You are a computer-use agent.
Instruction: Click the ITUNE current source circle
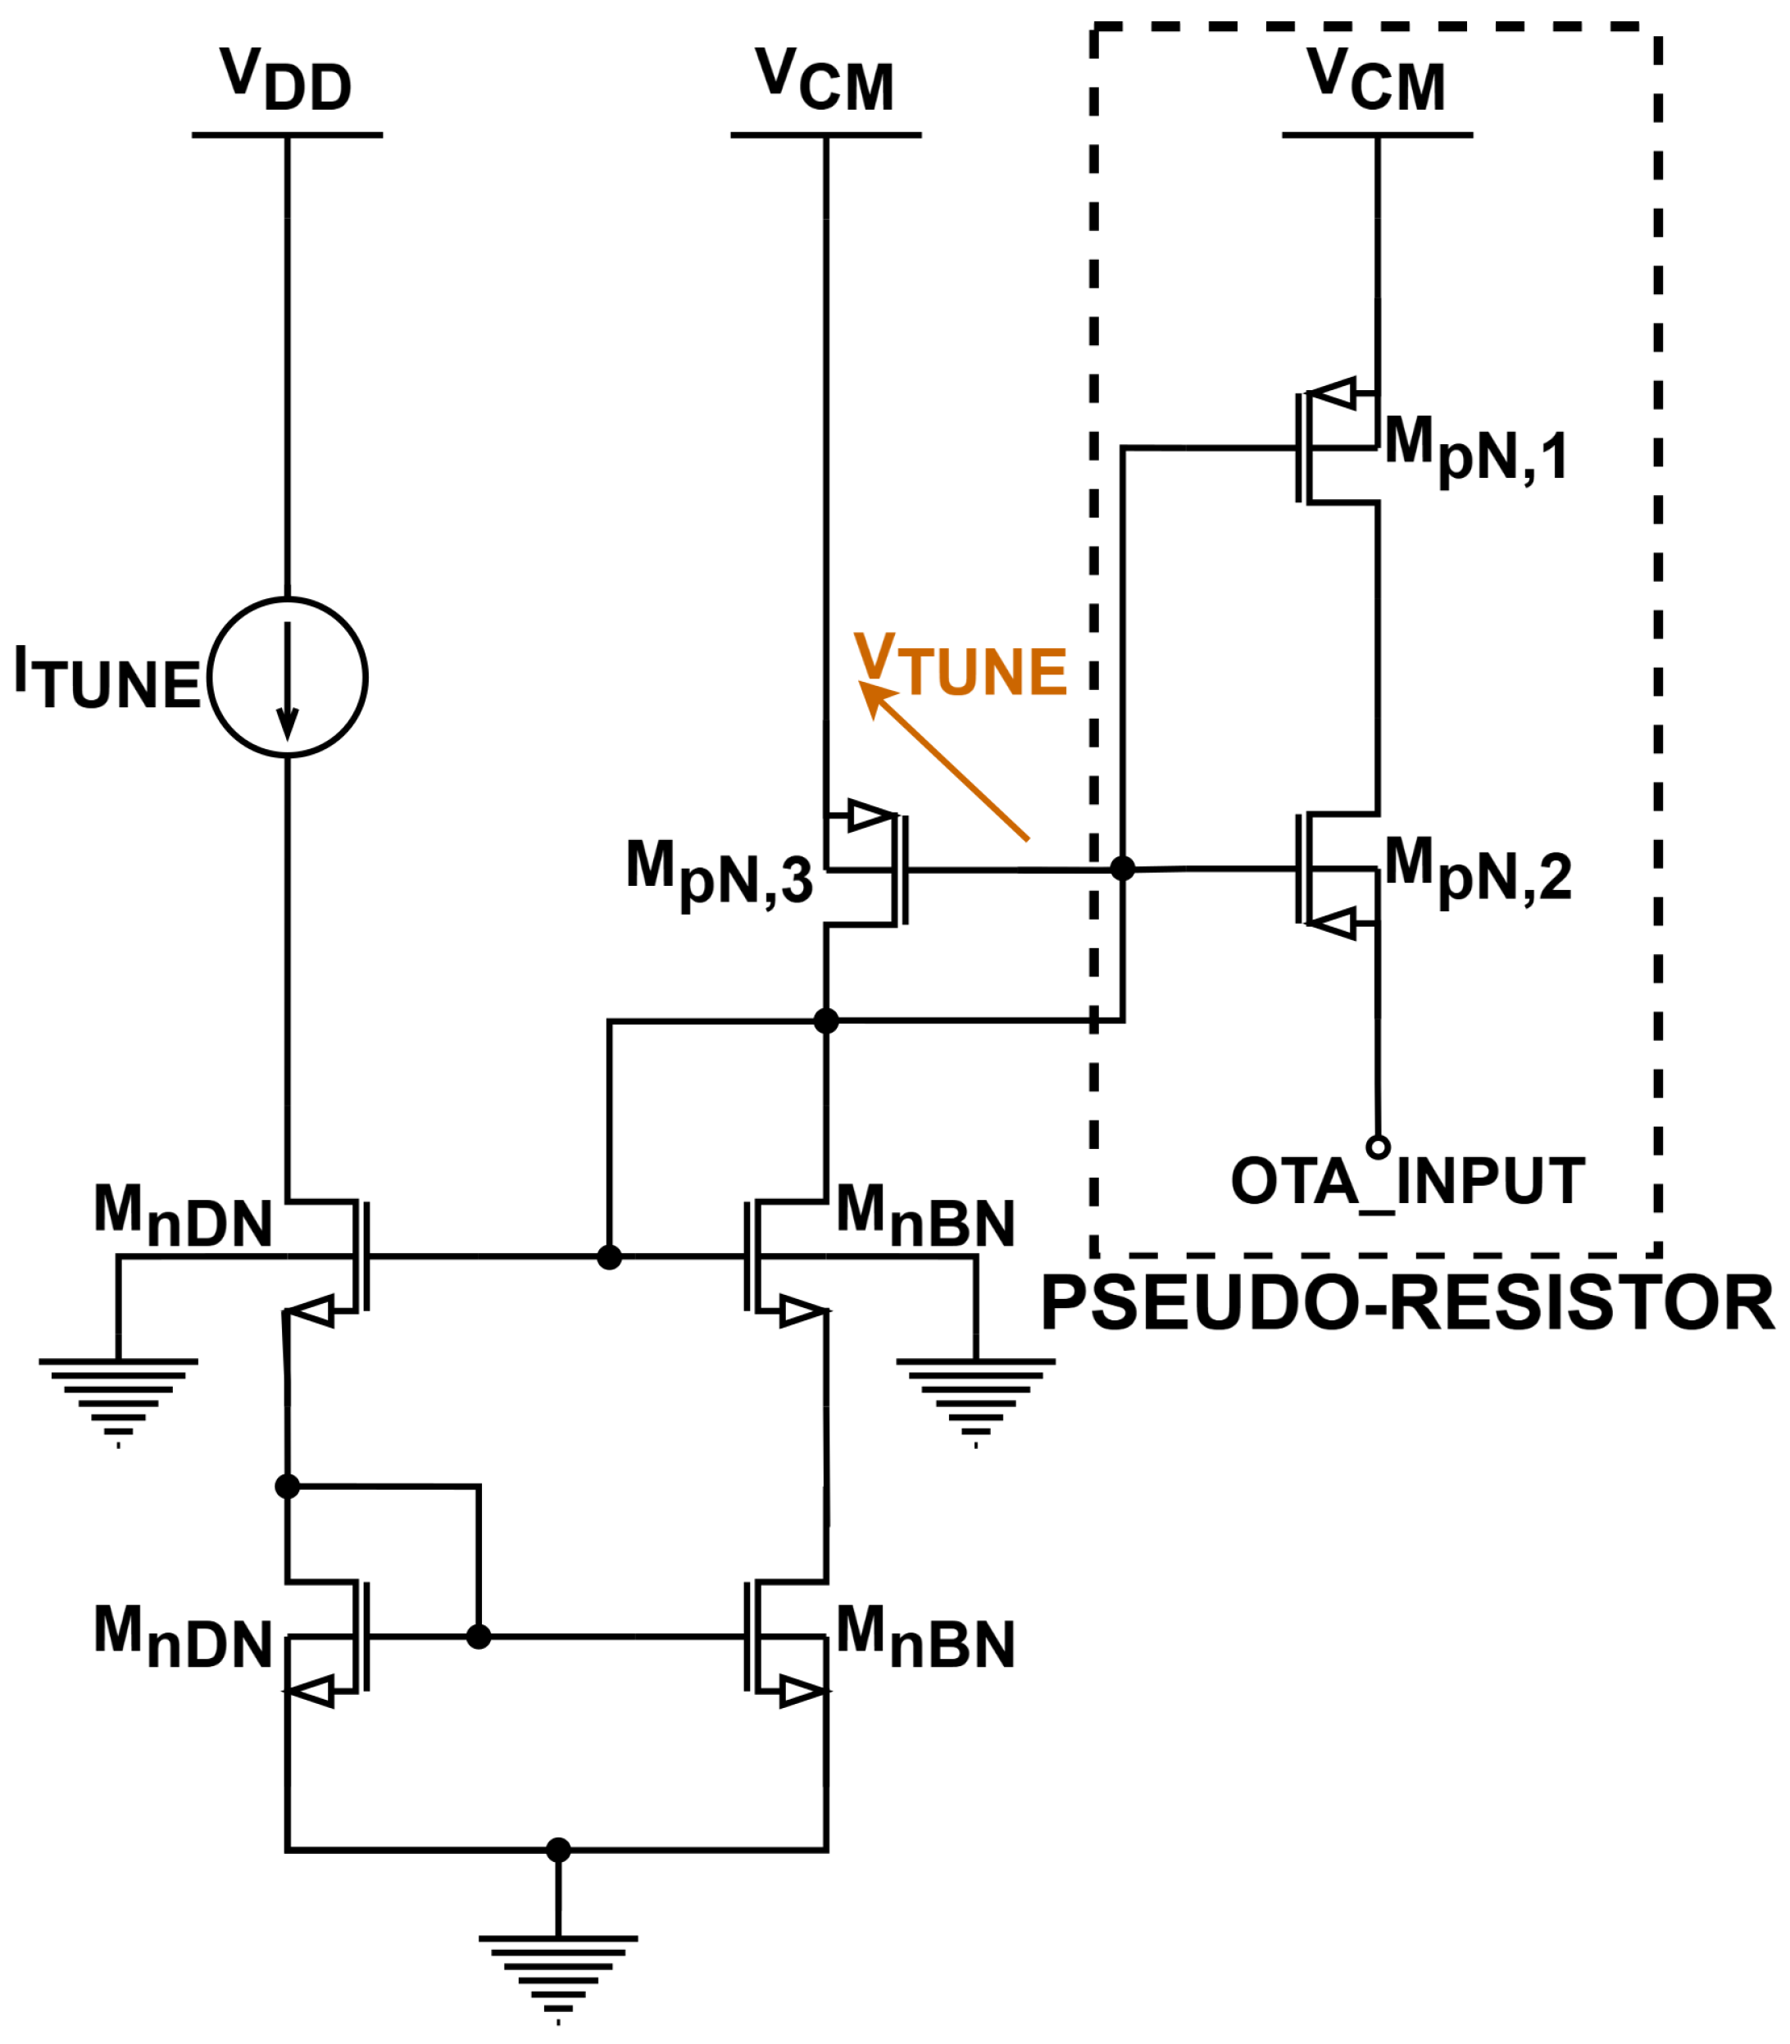pos(288,598)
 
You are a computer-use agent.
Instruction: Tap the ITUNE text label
pos(108,679)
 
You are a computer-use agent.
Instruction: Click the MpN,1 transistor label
pos(1475,451)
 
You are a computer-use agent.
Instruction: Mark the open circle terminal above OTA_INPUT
pos(1379,1147)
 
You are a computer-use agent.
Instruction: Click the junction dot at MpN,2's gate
pos(1123,868)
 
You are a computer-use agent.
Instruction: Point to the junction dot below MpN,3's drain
pos(826,1021)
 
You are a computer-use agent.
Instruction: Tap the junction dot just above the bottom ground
pos(558,1851)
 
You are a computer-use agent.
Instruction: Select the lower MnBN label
pos(926,1637)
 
